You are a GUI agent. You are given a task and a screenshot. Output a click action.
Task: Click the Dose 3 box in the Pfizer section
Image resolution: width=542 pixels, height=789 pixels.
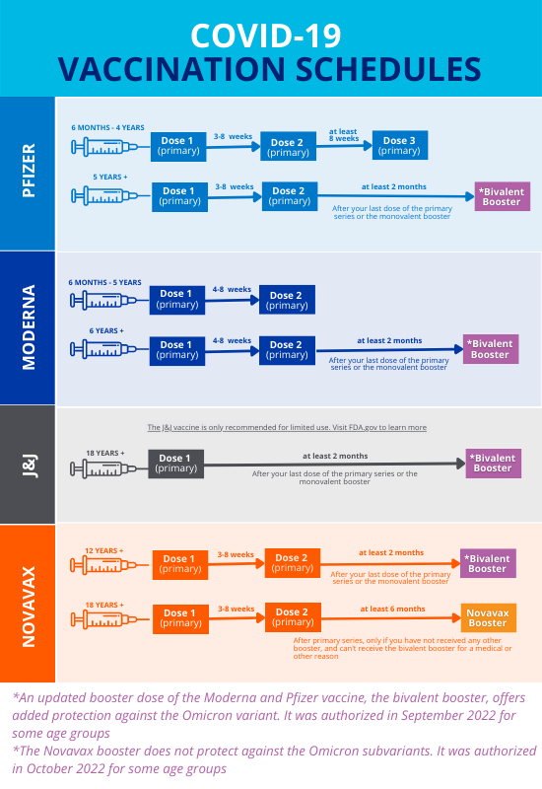tap(399, 145)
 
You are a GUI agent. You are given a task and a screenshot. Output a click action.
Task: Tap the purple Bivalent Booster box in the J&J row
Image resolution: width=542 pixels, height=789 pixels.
tap(493, 463)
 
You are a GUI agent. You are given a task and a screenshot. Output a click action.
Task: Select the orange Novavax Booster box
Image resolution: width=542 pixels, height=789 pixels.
tap(487, 617)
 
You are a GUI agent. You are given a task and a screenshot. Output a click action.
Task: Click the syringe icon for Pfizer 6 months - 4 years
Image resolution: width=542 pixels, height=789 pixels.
tap(107, 147)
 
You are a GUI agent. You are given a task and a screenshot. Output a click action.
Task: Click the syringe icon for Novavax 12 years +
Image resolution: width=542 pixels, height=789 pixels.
tap(107, 565)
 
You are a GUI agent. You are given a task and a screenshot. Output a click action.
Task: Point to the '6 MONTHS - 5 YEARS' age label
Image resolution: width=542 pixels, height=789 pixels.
tap(104, 282)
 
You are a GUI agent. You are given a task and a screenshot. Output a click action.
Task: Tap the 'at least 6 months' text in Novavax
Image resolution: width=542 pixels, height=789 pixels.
tap(391, 609)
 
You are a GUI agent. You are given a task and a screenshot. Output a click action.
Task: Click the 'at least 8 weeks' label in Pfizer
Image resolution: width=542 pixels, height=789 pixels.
tap(345, 135)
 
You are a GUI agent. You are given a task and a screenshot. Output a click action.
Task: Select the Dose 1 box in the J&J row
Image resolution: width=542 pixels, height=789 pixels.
tap(175, 464)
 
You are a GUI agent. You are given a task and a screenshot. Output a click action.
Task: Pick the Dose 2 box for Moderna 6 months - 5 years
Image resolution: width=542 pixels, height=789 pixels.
tap(287, 300)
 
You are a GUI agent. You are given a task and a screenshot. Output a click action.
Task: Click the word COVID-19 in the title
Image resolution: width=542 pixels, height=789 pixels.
tap(267, 36)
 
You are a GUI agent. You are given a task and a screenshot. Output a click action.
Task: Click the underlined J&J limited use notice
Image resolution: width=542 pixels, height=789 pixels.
tap(287, 427)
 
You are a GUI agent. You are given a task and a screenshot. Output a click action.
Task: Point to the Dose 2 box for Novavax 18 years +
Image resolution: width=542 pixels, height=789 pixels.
tap(293, 617)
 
